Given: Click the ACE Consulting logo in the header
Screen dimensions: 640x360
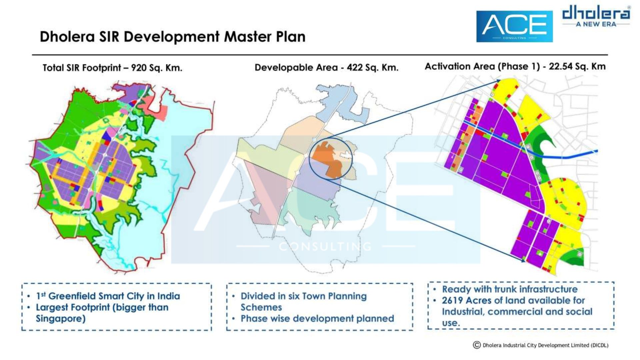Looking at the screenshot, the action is point(514,26).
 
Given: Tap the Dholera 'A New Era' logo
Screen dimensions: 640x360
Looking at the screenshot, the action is point(596,16).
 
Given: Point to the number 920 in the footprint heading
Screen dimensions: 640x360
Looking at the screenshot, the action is point(138,68).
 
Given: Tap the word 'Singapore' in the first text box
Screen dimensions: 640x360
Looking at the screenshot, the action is point(61,319).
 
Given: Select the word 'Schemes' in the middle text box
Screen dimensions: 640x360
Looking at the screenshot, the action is point(261,307).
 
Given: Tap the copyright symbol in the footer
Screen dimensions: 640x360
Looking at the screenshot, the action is point(477,345).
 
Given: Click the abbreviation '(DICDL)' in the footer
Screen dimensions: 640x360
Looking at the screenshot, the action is point(600,345).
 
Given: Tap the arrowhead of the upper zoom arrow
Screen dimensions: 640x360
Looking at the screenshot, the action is point(497,81).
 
